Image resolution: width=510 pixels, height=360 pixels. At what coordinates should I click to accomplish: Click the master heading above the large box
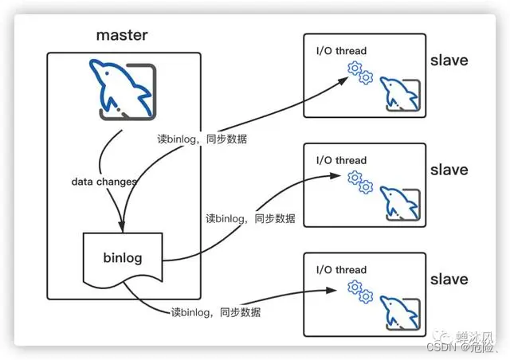[123, 35]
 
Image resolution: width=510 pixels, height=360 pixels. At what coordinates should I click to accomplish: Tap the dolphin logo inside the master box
[123, 89]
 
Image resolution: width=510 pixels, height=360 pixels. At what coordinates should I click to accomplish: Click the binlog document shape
[122, 259]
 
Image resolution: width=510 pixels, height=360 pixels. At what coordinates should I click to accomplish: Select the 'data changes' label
[104, 182]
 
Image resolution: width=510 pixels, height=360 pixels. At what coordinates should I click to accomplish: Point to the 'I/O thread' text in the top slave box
[340, 51]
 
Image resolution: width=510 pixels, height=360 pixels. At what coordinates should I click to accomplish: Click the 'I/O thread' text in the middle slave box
[340, 160]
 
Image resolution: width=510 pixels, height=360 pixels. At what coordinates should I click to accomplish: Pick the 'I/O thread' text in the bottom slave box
[340, 268]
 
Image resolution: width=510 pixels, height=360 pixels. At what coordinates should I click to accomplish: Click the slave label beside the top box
[449, 61]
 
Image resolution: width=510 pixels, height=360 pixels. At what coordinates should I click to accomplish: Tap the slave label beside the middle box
[449, 170]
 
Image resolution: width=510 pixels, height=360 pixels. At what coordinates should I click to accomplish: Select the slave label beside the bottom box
[449, 280]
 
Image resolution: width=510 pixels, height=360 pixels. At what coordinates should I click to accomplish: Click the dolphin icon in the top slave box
[398, 93]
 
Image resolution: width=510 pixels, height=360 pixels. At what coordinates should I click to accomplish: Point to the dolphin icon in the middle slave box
[398, 202]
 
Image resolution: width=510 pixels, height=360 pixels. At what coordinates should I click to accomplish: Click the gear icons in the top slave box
[361, 72]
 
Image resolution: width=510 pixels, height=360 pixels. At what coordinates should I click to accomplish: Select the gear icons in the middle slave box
[361, 182]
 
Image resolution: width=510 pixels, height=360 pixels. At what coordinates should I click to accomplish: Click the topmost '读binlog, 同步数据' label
[202, 139]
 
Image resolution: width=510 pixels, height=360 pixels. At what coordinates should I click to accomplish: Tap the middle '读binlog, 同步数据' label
[250, 218]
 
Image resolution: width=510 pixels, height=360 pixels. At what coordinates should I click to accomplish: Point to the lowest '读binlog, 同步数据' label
[215, 311]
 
